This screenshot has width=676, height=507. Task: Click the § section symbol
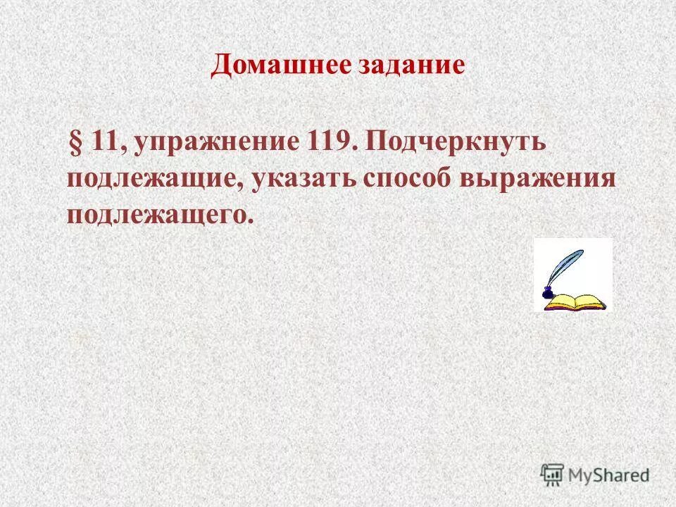pyautogui.click(x=75, y=142)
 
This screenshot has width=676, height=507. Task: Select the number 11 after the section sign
pyautogui.click(x=104, y=142)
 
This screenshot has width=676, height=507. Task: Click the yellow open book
pyautogui.click(x=576, y=302)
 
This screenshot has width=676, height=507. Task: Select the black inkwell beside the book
pyautogui.click(x=547, y=294)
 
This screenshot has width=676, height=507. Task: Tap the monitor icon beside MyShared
pyautogui.click(x=553, y=474)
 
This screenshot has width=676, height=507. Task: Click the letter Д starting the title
pyautogui.click(x=220, y=66)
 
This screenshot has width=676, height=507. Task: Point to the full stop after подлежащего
pyautogui.click(x=249, y=220)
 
